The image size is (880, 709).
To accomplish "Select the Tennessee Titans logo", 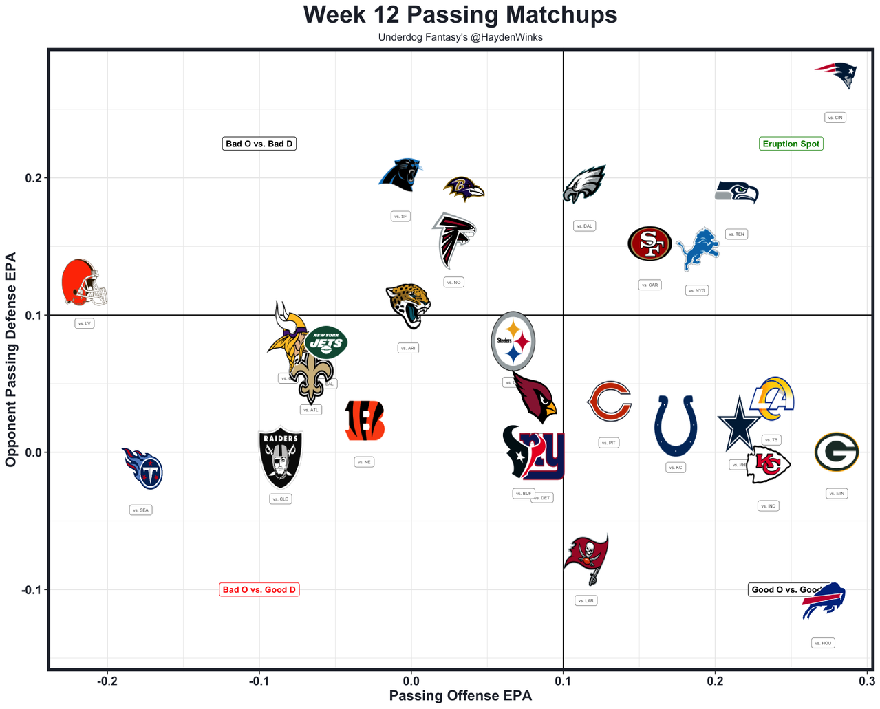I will [142, 468].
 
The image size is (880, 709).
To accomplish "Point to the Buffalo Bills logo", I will [824, 601].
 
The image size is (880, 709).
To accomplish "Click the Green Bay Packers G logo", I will [837, 452].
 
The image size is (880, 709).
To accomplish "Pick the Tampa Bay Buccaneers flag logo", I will [586, 558].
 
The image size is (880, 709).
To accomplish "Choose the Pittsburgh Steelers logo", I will [513, 341].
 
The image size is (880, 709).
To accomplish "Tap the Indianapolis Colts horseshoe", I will [676, 426].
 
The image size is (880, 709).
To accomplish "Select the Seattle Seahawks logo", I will [737, 192].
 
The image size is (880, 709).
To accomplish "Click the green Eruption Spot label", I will [791, 144].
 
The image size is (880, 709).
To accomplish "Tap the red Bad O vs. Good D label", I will [259, 589].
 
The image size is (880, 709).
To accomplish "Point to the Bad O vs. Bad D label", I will [259, 144].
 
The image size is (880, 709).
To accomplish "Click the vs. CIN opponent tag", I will [835, 118].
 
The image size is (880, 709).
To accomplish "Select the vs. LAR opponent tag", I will [586, 600].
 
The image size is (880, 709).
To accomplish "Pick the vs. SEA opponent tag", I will [140, 510].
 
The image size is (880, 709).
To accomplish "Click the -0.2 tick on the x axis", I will [107, 681].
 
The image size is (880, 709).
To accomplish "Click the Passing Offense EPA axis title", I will [460, 696].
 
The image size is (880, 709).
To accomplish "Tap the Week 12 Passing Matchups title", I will [460, 14].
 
